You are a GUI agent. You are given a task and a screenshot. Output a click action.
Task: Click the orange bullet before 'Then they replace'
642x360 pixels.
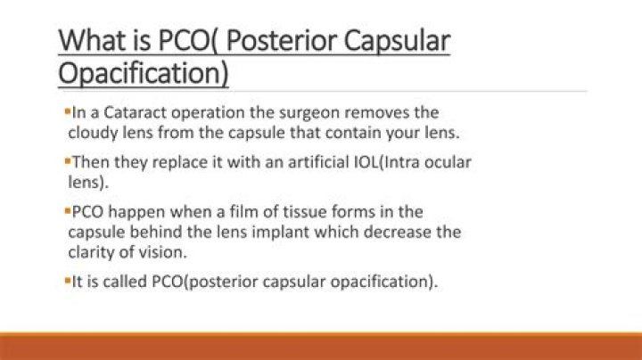pyautogui.click(x=67, y=161)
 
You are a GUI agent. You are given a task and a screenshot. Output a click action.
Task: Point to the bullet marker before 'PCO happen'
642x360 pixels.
pyautogui.click(x=67, y=211)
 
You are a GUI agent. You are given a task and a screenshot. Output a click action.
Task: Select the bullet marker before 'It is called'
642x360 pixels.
pyautogui.click(x=67, y=281)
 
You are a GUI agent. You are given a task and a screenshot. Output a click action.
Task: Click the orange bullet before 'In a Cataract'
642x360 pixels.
pyautogui.click(x=67, y=112)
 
